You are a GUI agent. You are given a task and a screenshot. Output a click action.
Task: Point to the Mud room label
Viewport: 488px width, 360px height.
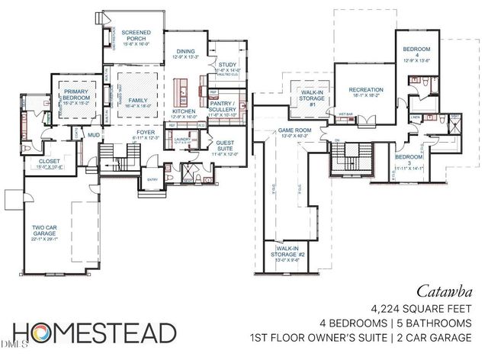point(95,135)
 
